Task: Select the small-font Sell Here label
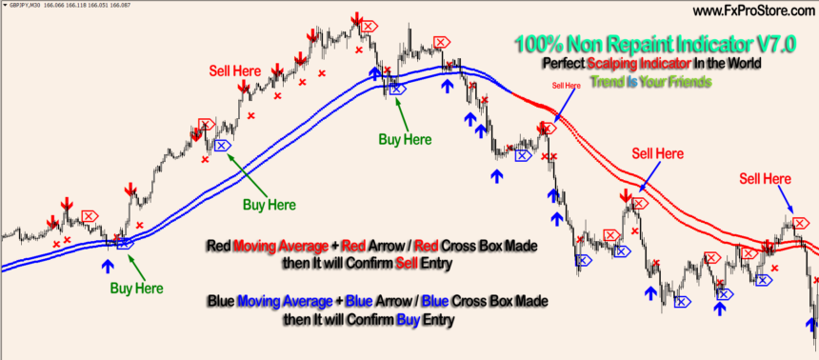(566, 85)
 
